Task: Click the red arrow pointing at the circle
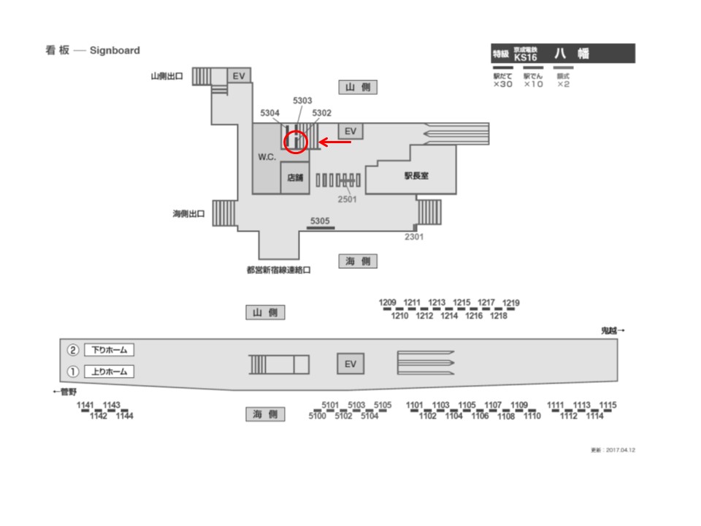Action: click(x=336, y=142)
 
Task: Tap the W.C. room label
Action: click(x=267, y=157)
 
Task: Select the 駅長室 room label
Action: click(x=416, y=175)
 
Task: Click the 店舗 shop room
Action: click(x=295, y=178)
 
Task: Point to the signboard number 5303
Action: click(x=302, y=100)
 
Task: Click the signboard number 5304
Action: click(x=270, y=113)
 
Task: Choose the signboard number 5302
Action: click(x=321, y=113)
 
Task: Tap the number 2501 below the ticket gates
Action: click(x=347, y=198)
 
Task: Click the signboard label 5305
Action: click(x=320, y=220)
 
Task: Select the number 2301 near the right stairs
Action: click(x=414, y=236)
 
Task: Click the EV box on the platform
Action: click(x=350, y=364)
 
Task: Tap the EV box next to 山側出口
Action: click(x=238, y=75)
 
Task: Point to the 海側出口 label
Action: click(x=188, y=214)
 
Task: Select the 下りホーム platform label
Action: click(x=109, y=350)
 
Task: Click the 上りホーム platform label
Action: click(x=109, y=371)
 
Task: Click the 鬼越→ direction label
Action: click(x=613, y=331)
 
